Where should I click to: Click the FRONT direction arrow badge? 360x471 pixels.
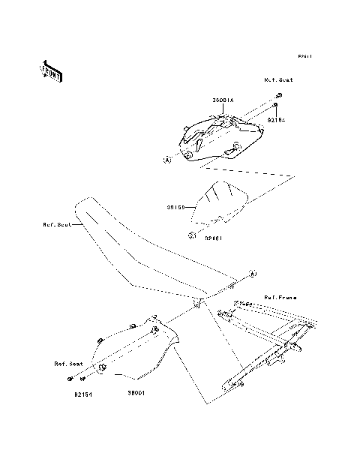point(52,70)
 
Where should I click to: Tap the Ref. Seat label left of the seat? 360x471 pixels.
point(57,223)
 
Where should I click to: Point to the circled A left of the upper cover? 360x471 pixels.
point(167,160)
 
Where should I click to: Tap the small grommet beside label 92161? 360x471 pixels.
point(192,235)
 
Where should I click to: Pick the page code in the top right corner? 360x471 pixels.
point(304,56)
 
